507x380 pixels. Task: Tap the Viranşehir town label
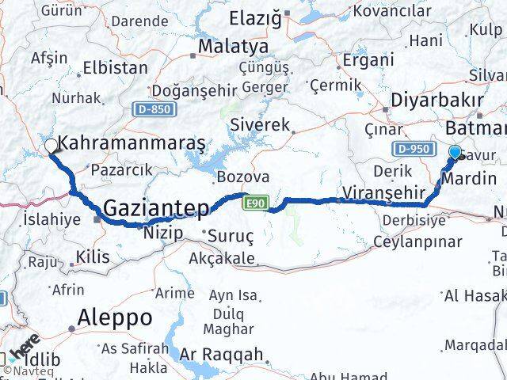[377, 191]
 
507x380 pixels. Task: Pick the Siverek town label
[260, 124]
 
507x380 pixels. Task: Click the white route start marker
[51, 146]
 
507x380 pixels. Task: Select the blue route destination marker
[456, 152]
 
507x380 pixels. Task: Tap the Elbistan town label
[115, 68]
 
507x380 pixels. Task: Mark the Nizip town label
[163, 233]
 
